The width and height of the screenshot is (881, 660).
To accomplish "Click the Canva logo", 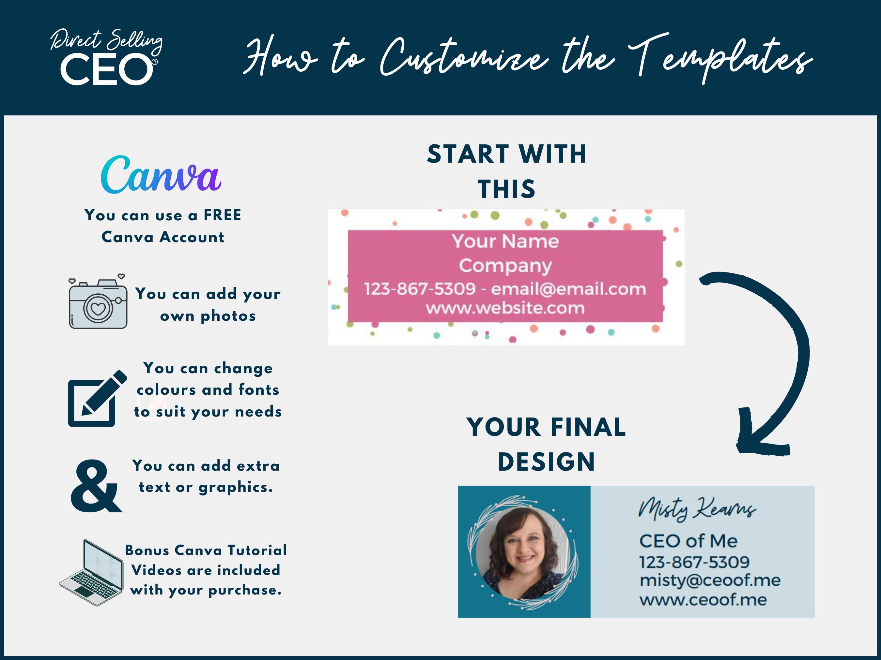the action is (x=161, y=175).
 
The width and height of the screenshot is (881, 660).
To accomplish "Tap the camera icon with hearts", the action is (x=98, y=301).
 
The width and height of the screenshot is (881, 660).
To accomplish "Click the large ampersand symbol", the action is (x=96, y=486).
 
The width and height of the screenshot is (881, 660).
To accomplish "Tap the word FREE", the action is (x=222, y=215).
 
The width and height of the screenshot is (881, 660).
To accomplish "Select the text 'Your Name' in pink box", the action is (x=505, y=241).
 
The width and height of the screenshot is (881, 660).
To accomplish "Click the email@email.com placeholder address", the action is (x=568, y=289).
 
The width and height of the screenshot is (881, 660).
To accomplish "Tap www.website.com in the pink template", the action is (x=505, y=308).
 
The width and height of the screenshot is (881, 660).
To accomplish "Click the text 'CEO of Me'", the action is (x=688, y=541).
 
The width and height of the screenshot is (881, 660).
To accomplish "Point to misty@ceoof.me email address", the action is (x=710, y=580).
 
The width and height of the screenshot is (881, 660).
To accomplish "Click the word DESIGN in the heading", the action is (x=547, y=462).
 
